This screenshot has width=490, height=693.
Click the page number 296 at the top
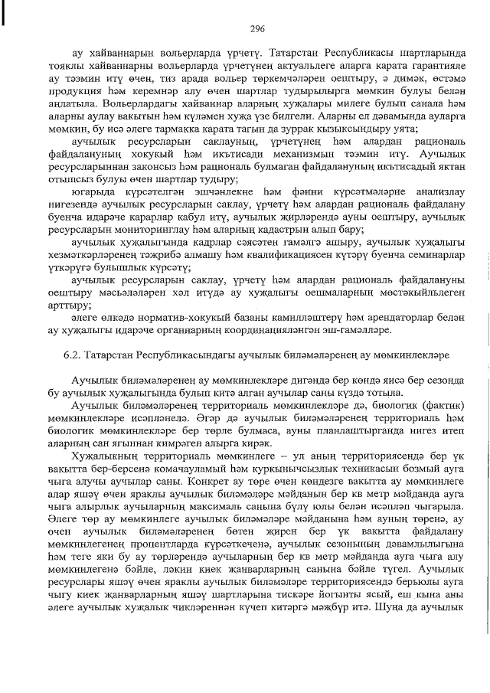point(256,29)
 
